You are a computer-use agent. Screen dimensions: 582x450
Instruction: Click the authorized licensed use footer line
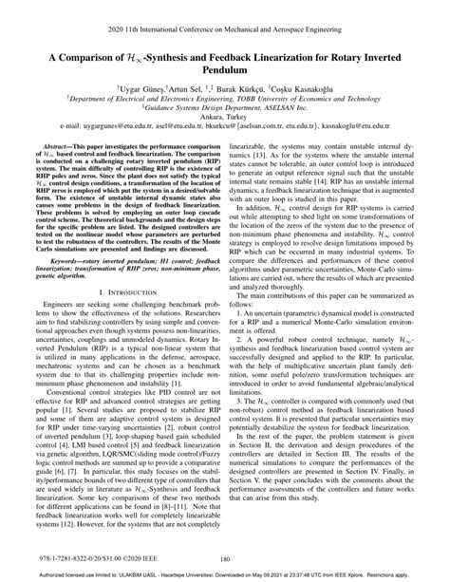225,575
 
